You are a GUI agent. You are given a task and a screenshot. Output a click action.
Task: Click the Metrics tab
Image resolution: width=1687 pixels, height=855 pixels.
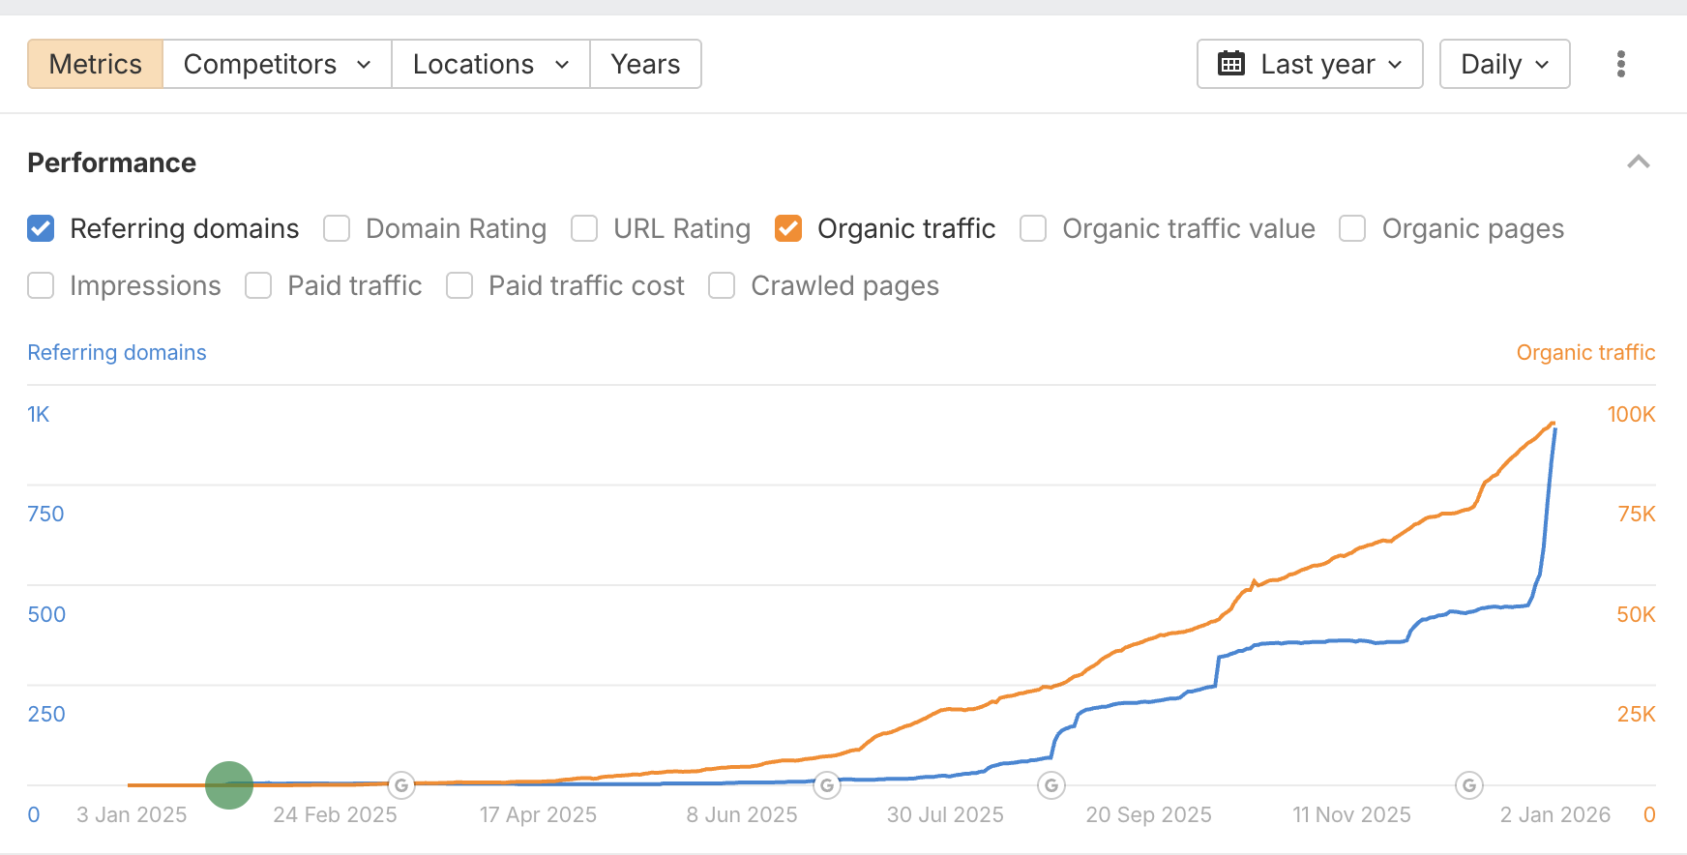click(x=95, y=64)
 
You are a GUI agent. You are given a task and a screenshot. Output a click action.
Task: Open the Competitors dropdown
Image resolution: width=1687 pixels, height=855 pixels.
click(x=277, y=64)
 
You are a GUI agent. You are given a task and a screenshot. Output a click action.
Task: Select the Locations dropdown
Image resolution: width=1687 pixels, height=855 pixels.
click(x=490, y=64)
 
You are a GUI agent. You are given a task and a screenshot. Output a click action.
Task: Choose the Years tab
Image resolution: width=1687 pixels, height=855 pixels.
click(x=645, y=64)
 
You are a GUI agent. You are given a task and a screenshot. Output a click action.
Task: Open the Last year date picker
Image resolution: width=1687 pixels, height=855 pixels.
click(x=1309, y=64)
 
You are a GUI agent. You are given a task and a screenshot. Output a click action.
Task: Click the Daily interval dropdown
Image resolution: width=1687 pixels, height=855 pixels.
click(x=1504, y=64)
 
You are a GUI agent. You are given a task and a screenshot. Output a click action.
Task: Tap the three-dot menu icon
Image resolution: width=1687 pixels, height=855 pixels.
click(x=1620, y=64)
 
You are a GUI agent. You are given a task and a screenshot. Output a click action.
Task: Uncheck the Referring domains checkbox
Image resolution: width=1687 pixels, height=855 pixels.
click(x=41, y=228)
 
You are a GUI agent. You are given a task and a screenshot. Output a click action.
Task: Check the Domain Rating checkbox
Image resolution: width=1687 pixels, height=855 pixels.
click(x=337, y=228)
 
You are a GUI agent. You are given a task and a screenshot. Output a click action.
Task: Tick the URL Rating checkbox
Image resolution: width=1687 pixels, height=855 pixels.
click(x=584, y=228)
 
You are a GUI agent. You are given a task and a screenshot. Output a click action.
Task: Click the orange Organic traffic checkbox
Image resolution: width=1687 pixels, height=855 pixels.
click(x=788, y=228)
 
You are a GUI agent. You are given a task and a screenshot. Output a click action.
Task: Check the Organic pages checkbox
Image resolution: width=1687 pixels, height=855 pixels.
click(x=1352, y=228)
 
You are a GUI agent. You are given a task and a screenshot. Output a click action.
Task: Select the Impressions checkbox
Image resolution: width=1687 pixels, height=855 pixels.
click(x=41, y=285)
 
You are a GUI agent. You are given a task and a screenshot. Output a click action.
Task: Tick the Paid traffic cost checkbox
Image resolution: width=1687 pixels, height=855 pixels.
click(x=459, y=285)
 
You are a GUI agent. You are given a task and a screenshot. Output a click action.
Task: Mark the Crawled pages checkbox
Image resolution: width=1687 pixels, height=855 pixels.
click(x=722, y=285)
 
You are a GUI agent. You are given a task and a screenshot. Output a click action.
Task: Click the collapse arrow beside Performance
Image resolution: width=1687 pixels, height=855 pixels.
click(x=1638, y=162)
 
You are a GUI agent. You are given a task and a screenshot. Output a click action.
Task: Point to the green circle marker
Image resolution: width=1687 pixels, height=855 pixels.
click(x=229, y=784)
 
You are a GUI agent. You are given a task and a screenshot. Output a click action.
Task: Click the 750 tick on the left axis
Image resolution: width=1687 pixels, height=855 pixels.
click(x=45, y=515)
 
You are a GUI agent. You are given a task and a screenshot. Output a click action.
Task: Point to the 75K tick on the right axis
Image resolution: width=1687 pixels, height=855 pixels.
click(x=1636, y=515)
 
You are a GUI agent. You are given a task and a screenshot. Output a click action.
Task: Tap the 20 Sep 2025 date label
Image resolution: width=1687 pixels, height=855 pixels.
click(x=1148, y=814)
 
